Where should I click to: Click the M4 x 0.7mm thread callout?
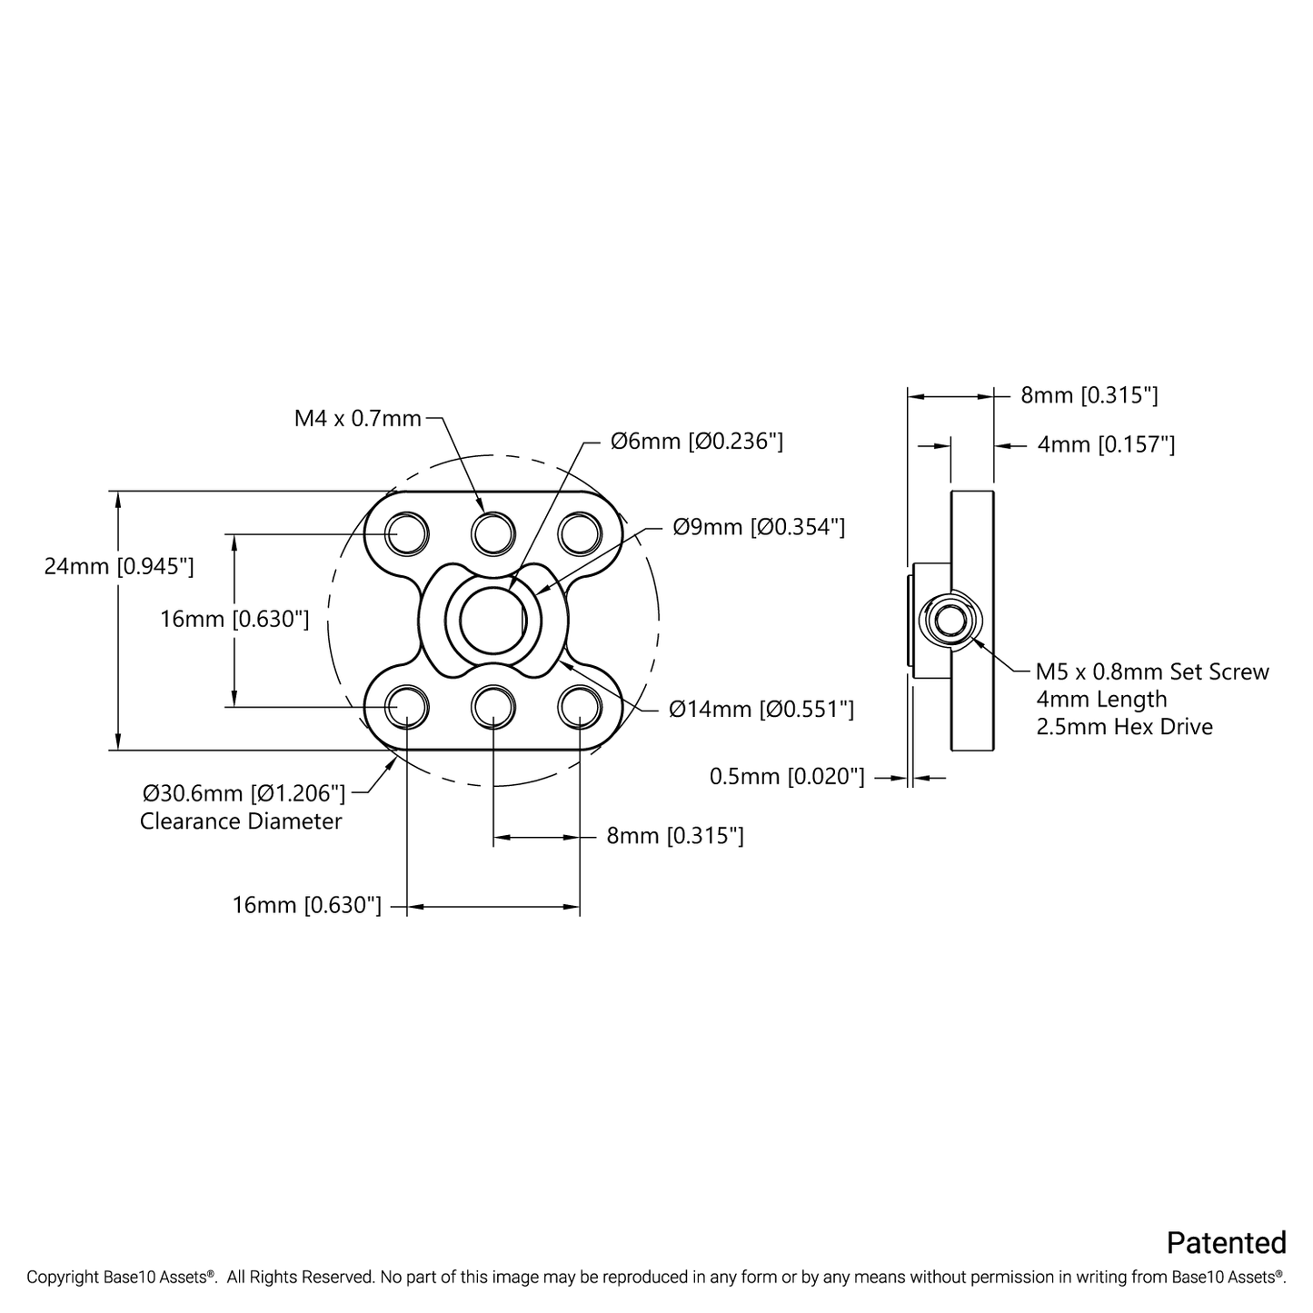click(358, 418)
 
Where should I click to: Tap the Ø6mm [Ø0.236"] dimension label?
click(697, 442)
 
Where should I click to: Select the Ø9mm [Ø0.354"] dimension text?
click(759, 527)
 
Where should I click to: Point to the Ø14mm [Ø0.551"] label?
click(761, 710)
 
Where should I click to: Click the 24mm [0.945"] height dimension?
click(119, 566)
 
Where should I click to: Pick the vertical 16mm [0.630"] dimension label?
click(234, 619)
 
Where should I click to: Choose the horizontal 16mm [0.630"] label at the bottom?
click(307, 905)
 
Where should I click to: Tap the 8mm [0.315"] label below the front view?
click(675, 835)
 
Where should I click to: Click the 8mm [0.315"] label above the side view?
click(1089, 395)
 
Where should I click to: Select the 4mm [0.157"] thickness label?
click(1107, 445)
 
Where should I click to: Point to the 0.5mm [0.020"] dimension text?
click(787, 776)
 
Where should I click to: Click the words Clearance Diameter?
click(241, 821)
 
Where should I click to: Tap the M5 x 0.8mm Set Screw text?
click(1152, 671)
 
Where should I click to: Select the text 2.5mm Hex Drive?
click(1124, 726)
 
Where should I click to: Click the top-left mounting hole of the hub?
click(407, 532)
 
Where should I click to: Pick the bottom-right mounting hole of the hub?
click(580, 707)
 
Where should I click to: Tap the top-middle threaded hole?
click(493, 532)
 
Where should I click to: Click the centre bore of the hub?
click(492, 620)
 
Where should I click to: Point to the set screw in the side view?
click(950, 620)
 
